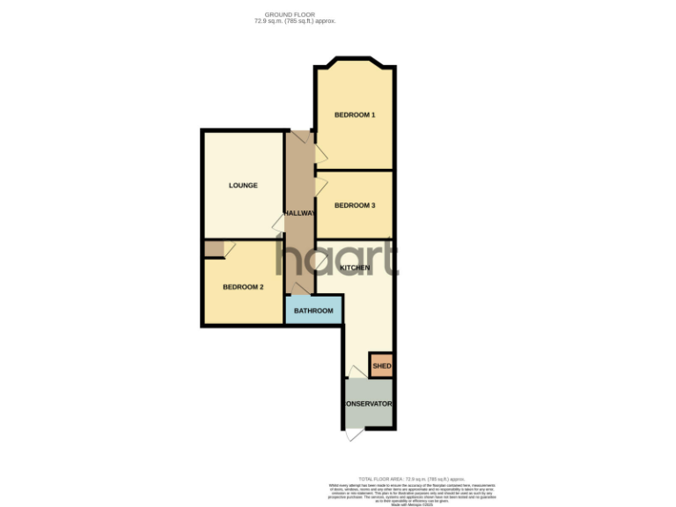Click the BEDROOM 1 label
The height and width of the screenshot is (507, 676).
pos(355,115)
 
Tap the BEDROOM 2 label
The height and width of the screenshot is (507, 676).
pos(243,287)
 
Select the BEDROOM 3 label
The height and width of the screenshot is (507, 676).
pos(355,205)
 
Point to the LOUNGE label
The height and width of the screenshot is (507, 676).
pos(243,186)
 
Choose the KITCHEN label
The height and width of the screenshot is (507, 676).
pos(355,267)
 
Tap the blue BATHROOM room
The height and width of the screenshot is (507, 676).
pos(313,311)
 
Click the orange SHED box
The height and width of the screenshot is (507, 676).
pos(381,365)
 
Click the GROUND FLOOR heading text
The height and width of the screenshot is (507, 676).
pos(289,14)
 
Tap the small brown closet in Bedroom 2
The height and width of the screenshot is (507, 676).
pos(213,249)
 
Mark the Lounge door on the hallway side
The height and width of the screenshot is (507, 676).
pos(277,223)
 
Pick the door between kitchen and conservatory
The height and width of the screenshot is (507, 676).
pos(355,372)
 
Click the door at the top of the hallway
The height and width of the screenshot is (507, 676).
pos(299,138)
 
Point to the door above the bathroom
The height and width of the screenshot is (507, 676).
pos(301,289)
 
